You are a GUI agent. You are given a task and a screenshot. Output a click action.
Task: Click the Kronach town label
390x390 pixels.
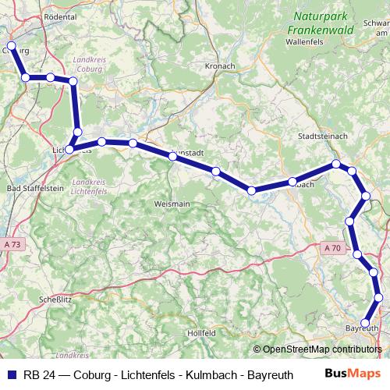220,67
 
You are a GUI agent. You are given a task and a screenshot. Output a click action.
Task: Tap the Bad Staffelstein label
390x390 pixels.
34,188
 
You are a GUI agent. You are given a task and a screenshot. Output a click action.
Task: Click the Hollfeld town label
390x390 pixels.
201,333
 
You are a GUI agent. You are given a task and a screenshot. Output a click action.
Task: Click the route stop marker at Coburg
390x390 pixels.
11,46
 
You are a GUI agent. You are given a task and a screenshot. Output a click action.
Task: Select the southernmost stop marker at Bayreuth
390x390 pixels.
365,322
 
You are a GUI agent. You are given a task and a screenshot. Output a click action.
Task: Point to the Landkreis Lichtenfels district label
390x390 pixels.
88,186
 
